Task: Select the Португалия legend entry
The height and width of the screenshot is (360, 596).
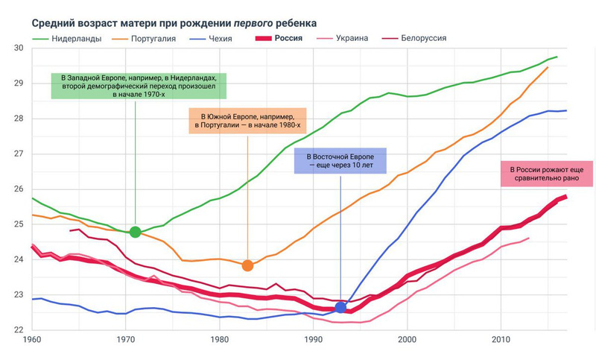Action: (x=153, y=38)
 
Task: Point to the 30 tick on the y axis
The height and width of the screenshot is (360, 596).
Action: (x=18, y=48)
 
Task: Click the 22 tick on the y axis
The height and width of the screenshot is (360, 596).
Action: (x=18, y=330)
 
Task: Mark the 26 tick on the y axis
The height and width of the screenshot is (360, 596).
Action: (x=18, y=189)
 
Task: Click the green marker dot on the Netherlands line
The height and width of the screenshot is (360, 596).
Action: (x=135, y=232)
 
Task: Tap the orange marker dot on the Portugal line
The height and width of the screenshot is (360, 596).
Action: (x=248, y=265)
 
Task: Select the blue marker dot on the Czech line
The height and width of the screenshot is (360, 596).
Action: (x=341, y=307)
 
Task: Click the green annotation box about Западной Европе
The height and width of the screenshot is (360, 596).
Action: (x=139, y=86)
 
